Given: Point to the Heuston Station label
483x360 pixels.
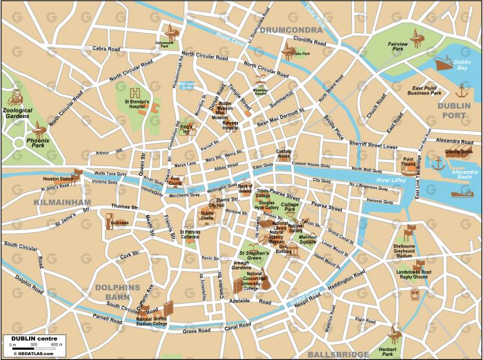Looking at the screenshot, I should click(x=57, y=179).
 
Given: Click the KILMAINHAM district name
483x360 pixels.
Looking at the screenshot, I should click(x=61, y=202).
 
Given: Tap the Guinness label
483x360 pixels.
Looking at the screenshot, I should click(x=120, y=223).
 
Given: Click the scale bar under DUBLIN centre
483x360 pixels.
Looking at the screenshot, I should click(x=35, y=343).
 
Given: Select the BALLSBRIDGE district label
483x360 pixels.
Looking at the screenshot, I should click(x=339, y=354).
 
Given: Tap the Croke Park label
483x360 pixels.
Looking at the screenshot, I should click(x=299, y=52).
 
